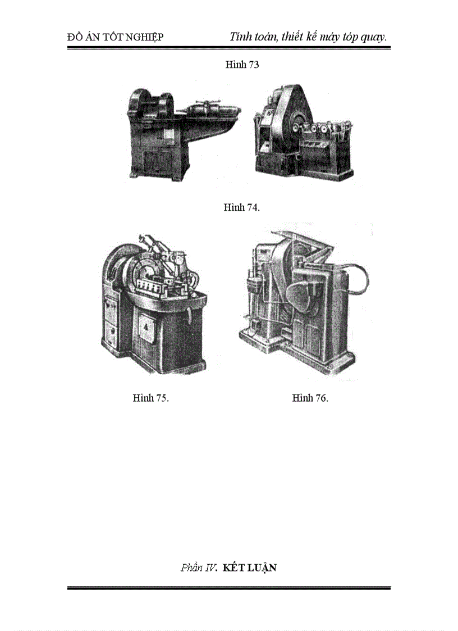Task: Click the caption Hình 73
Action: pos(242,65)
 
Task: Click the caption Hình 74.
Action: pos(242,207)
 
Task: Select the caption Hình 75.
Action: pos(151,398)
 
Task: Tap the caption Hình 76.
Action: pos(310,398)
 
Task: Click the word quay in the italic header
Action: pos(374,37)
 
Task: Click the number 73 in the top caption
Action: pos(253,65)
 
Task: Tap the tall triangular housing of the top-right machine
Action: pos(295,112)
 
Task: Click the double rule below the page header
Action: pos(229,48)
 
